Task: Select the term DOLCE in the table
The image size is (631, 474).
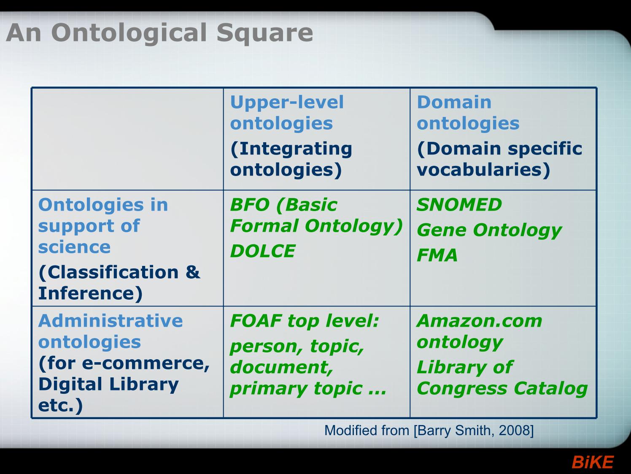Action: pos(263,251)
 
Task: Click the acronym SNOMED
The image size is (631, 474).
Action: pos(459,204)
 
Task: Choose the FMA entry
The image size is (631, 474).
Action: pos(437,255)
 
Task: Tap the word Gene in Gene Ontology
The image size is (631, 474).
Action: pos(442,230)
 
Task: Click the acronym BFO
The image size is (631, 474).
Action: pos(250,204)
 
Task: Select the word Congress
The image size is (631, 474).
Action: pos(462,389)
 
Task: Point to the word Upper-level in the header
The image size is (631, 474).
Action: pos(287,103)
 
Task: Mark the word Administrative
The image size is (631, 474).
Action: pos(111,321)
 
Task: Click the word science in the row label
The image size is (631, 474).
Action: pos(74,247)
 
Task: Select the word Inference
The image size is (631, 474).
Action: pos(86,293)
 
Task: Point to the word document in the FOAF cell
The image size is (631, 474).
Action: pos(281,367)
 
